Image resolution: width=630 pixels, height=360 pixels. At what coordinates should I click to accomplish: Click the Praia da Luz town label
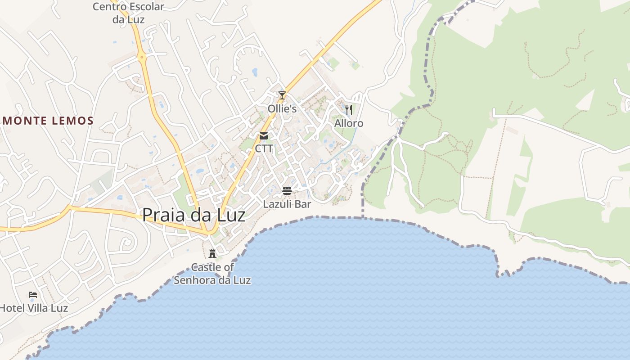tap(193, 215)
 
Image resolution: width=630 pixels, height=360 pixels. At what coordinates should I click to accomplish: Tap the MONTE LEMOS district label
tap(48, 121)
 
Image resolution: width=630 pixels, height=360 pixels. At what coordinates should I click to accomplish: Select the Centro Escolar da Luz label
tap(128, 13)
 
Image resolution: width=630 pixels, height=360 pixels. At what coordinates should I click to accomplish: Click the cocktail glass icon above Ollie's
tap(282, 95)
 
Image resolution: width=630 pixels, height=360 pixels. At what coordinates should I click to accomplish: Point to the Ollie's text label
tap(282, 109)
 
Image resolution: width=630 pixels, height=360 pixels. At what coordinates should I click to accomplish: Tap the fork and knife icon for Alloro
tap(349, 109)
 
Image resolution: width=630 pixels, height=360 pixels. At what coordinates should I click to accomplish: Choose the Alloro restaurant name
tap(349, 123)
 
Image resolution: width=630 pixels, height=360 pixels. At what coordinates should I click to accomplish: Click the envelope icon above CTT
tap(264, 135)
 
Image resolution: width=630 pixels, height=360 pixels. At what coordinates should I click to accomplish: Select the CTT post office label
tap(264, 148)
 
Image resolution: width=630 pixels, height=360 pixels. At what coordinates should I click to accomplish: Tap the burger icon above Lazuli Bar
tap(287, 191)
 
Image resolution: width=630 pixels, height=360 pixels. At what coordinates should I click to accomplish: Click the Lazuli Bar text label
tap(287, 204)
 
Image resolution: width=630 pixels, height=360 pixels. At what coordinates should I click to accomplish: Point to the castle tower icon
tap(212, 253)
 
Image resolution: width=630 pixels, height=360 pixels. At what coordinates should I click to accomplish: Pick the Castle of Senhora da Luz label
tap(212, 274)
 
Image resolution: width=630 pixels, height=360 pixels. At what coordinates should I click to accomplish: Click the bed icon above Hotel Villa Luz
tap(33, 295)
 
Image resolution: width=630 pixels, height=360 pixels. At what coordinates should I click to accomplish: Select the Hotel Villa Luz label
tap(34, 308)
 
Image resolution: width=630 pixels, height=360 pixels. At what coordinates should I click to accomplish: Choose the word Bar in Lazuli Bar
tap(303, 204)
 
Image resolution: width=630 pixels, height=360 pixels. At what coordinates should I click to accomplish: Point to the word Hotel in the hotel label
tap(11, 308)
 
